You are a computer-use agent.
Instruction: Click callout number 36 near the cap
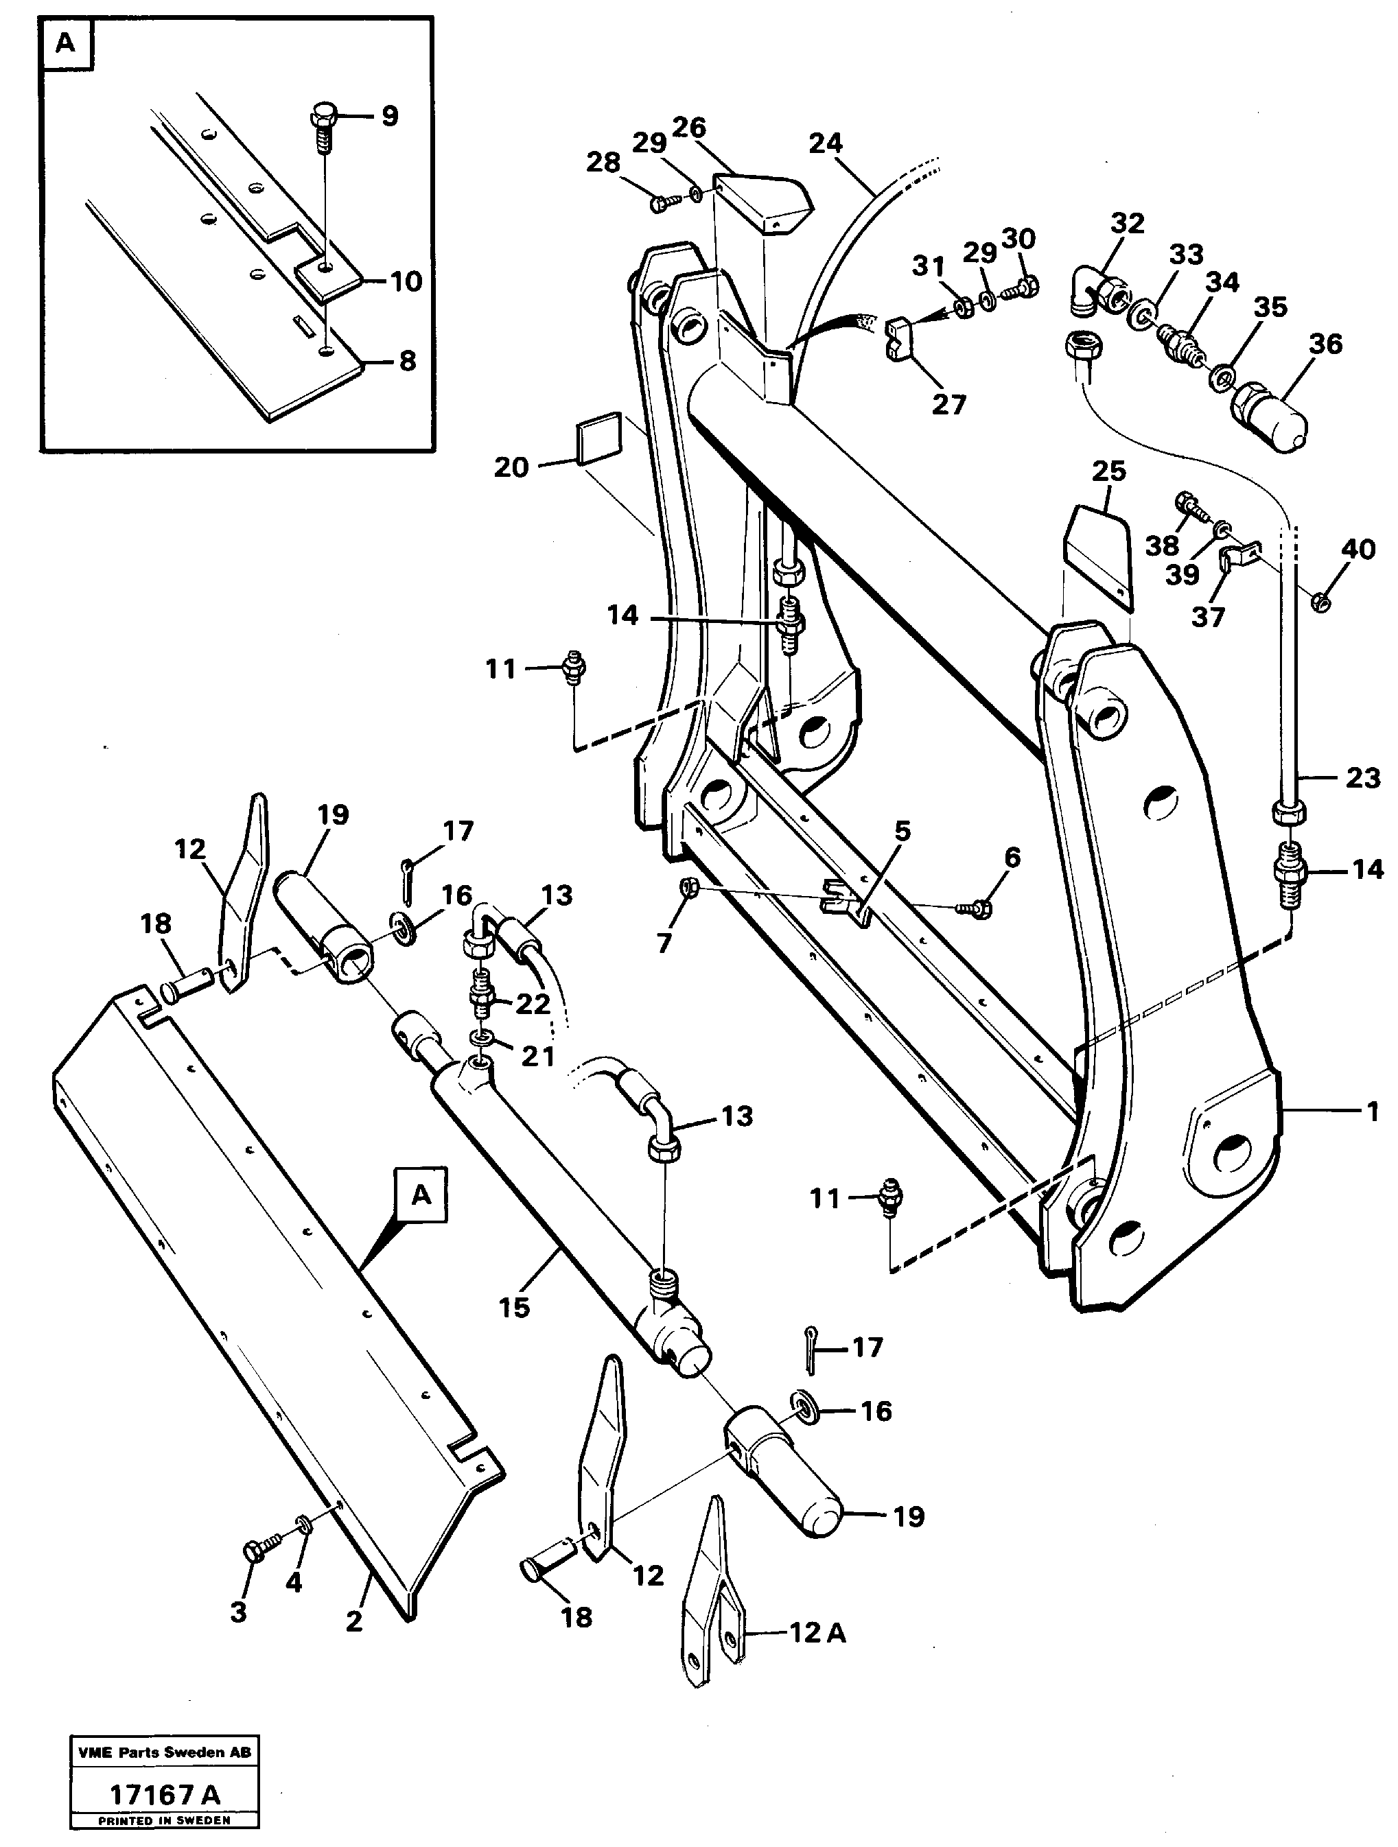[x=1325, y=343]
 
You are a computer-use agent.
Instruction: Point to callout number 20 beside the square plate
[x=511, y=467]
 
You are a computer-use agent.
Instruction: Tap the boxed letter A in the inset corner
[x=65, y=43]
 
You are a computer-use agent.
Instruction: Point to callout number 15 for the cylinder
[x=515, y=1307]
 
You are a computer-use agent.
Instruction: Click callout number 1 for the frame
[x=1372, y=1111]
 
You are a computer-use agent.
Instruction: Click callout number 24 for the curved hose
[x=825, y=143]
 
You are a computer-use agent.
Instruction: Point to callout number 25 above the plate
[x=1108, y=470]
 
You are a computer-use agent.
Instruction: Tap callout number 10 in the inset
[x=406, y=281]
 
